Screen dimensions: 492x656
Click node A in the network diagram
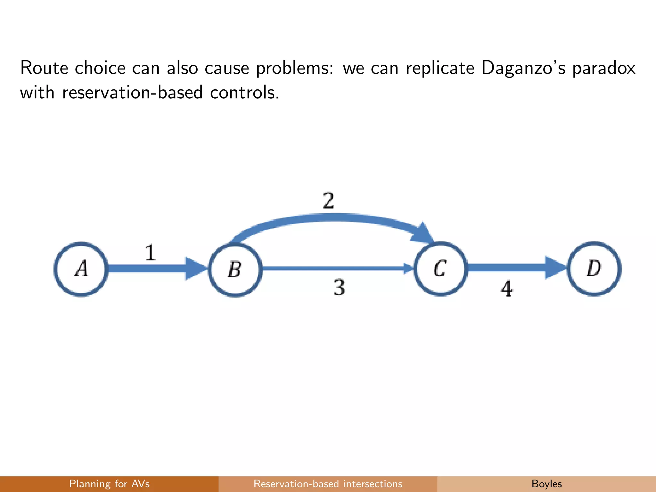81,269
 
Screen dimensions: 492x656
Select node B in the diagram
235,269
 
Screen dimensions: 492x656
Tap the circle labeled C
440,269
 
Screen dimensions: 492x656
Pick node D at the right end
594,268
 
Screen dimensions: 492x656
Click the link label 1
150,253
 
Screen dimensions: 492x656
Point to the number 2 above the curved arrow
329,201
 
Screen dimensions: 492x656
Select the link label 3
339,287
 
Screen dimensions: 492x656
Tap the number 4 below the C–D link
507,289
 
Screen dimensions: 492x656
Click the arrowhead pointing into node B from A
195,268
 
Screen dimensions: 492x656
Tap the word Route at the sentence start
44,68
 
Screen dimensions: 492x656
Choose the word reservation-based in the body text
132,93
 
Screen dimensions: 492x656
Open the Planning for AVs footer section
109,484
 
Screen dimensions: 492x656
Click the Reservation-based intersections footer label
328,484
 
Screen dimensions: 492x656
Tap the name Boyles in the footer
546,484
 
